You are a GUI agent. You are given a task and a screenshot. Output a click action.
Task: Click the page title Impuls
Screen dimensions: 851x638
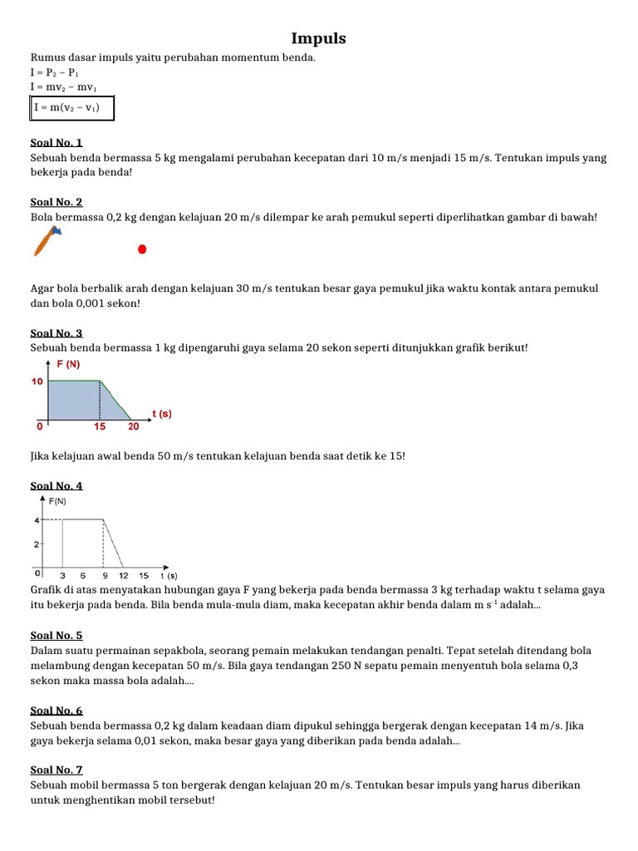pyautogui.click(x=319, y=39)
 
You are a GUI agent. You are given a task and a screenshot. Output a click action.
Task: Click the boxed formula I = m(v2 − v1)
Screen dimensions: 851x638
pyautogui.click(x=71, y=108)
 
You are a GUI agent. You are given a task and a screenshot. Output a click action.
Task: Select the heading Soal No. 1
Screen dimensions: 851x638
pyautogui.click(x=56, y=143)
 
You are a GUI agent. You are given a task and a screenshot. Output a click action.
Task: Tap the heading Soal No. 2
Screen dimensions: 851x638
pyautogui.click(x=56, y=202)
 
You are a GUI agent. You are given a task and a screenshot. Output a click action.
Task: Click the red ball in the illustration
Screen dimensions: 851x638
pyautogui.click(x=142, y=248)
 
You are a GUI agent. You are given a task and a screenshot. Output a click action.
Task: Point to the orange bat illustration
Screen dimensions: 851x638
pyautogui.click(x=47, y=240)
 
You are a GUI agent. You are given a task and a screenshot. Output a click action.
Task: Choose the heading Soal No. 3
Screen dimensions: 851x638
pyautogui.click(x=56, y=333)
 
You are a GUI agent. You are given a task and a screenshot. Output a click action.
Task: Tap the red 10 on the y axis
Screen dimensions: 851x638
pyautogui.click(x=37, y=381)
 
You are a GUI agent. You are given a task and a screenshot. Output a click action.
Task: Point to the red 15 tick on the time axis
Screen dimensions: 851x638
pyautogui.click(x=100, y=427)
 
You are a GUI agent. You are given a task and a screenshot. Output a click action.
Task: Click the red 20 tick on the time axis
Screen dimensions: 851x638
pyautogui.click(x=133, y=427)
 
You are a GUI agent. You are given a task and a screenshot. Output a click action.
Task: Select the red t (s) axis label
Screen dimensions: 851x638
pyautogui.click(x=161, y=413)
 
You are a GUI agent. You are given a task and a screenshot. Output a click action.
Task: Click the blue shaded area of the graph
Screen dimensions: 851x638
pyautogui.click(x=75, y=401)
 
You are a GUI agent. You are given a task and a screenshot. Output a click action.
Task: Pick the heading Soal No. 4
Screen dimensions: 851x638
pyautogui.click(x=56, y=486)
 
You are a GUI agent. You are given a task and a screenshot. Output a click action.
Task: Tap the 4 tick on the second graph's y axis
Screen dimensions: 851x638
pyautogui.click(x=37, y=520)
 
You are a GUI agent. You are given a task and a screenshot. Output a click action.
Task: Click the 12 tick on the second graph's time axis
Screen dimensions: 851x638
pyautogui.click(x=123, y=575)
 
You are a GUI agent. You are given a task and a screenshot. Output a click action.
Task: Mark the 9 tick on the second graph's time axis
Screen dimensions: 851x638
pyautogui.click(x=103, y=575)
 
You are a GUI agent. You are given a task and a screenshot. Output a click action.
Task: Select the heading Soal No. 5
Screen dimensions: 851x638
pyautogui.click(x=56, y=636)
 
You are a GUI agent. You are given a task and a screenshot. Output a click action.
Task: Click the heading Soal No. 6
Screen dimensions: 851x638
pyautogui.click(x=56, y=711)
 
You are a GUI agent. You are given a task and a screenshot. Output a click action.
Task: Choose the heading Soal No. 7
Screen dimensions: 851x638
pyautogui.click(x=56, y=770)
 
